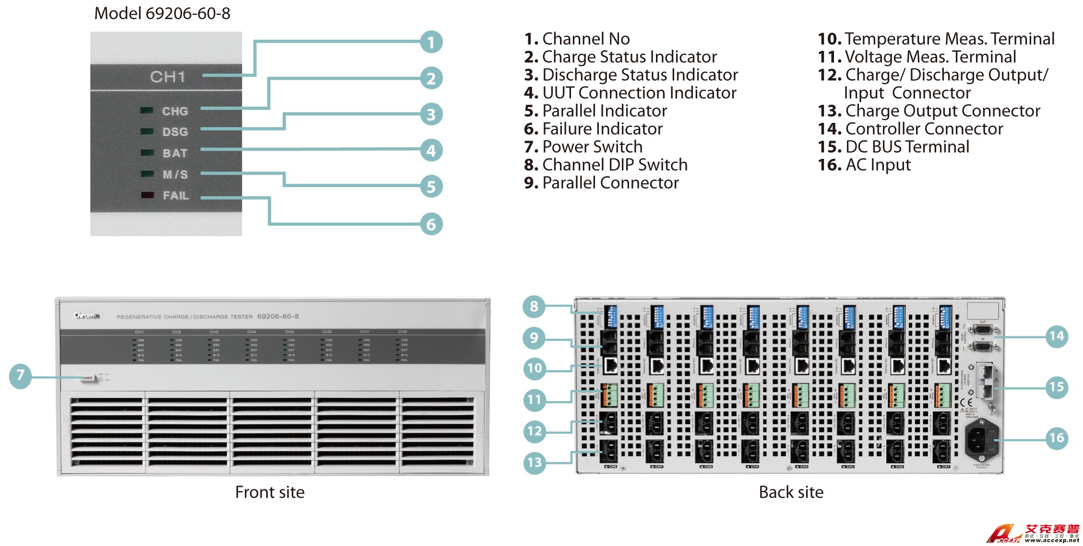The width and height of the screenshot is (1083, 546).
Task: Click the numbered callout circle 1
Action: click(x=431, y=42)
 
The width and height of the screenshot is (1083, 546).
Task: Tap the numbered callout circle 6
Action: click(x=431, y=224)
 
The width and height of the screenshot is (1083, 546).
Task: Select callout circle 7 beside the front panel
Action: click(x=20, y=375)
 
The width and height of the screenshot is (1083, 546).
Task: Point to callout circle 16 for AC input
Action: click(x=1056, y=438)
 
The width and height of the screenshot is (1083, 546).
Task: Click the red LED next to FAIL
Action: click(x=147, y=195)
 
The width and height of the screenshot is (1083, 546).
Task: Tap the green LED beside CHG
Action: click(x=147, y=111)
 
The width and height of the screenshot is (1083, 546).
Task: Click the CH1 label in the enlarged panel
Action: click(x=167, y=77)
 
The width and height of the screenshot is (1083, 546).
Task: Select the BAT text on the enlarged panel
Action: click(x=175, y=154)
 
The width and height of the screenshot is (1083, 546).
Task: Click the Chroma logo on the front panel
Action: click(x=86, y=315)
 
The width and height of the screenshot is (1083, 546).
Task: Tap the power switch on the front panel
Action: click(x=87, y=378)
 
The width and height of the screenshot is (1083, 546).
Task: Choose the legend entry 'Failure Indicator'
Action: click(x=593, y=129)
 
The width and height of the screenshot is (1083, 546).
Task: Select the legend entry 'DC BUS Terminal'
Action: click(x=893, y=147)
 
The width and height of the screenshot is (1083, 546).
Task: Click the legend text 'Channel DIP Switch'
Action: click(x=606, y=165)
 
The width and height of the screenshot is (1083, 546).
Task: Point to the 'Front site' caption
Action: click(x=270, y=492)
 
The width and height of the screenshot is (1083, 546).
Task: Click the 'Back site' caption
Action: click(x=791, y=492)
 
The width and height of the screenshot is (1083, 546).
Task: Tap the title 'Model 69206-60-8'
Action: click(x=162, y=13)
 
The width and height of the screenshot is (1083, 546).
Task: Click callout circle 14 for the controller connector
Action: click(x=1056, y=336)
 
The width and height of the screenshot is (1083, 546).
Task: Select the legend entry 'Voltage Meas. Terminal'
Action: click(x=916, y=57)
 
